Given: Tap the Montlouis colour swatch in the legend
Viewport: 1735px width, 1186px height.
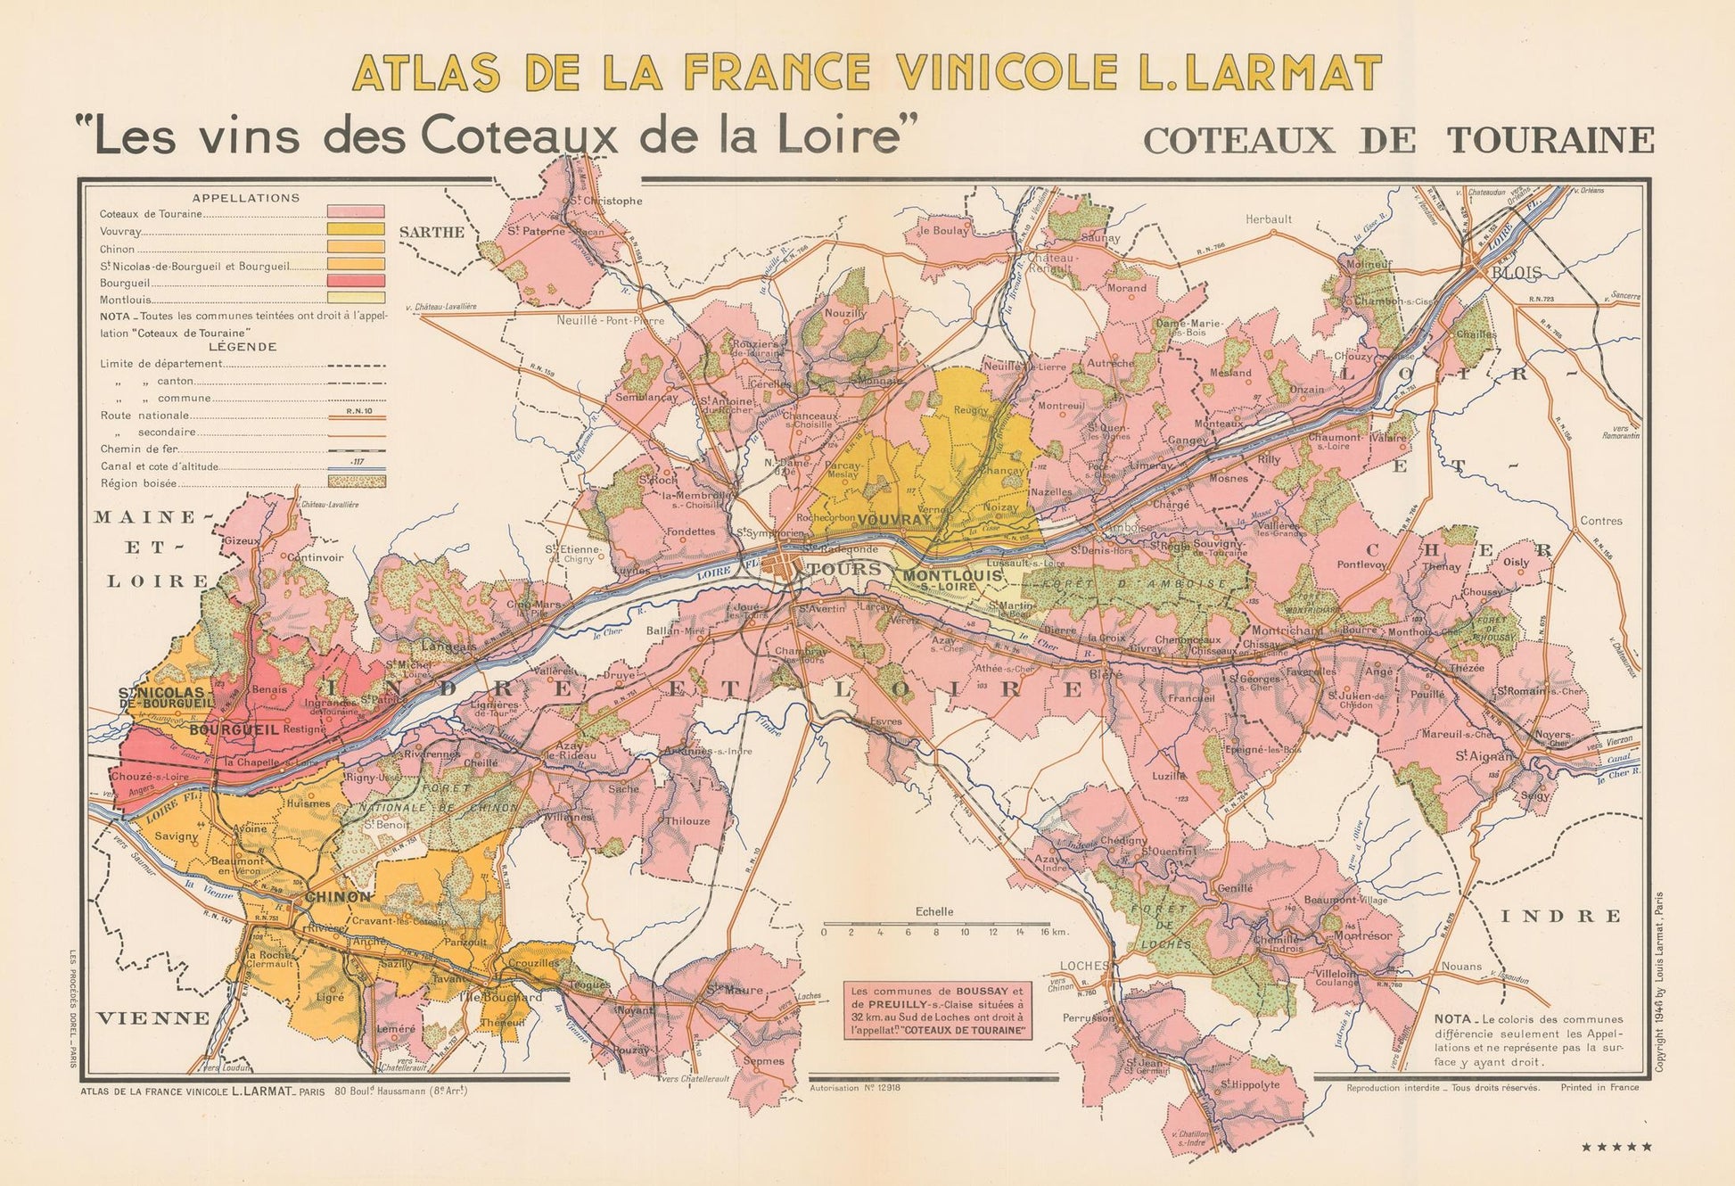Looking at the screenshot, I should [355, 299].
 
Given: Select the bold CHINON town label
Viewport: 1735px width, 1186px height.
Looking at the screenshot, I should [338, 896].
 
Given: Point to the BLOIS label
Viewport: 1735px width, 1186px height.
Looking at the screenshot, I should [1517, 274].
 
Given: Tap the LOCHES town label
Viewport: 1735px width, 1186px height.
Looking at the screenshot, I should [1084, 966].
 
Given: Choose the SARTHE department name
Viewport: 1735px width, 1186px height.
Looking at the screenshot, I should [432, 232].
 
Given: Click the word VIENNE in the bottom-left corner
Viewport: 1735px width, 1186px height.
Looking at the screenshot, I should [154, 1017].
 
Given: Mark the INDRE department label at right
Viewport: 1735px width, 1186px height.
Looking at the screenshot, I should [1560, 916].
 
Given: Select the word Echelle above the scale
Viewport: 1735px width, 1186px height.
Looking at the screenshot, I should [934, 911].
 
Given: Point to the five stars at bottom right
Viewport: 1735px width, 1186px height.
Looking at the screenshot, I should [1616, 1147].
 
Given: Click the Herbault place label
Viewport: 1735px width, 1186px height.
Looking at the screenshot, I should [1268, 218].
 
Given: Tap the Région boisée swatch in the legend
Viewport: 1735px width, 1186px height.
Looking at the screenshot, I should [355, 482].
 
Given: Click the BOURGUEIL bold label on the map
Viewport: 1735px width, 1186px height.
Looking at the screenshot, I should [234, 729].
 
